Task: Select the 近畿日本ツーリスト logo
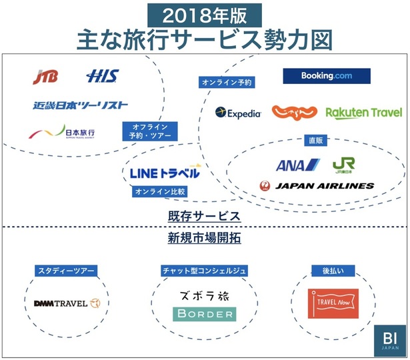click(x=80, y=105)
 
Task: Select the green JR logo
click(x=343, y=165)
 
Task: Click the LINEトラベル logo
click(x=165, y=173)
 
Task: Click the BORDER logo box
click(x=204, y=313)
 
